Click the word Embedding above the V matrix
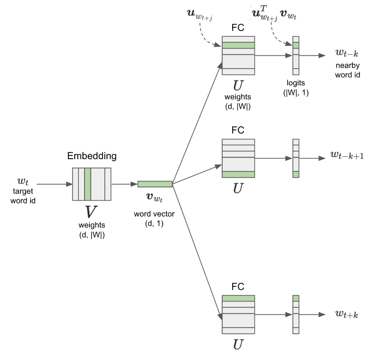(x=92, y=156)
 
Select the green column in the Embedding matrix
(x=88, y=184)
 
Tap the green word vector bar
(x=155, y=184)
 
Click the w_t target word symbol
(x=23, y=181)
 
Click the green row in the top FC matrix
(x=238, y=45)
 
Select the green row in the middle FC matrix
(x=238, y=175)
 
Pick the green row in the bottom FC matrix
(x=238, y=298)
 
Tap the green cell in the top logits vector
(x=296, y=45)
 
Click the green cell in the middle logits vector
(x=296, y=175)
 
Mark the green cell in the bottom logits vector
(x=296, y=298)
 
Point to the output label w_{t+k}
(x=347, y=315)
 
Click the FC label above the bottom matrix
(x=238, y=287)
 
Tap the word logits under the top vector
(x=296, y=83)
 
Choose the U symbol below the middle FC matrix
(x=238, y=188)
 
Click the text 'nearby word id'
(x=347, y=70)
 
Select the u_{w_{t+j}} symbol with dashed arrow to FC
(x=200, y=15)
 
